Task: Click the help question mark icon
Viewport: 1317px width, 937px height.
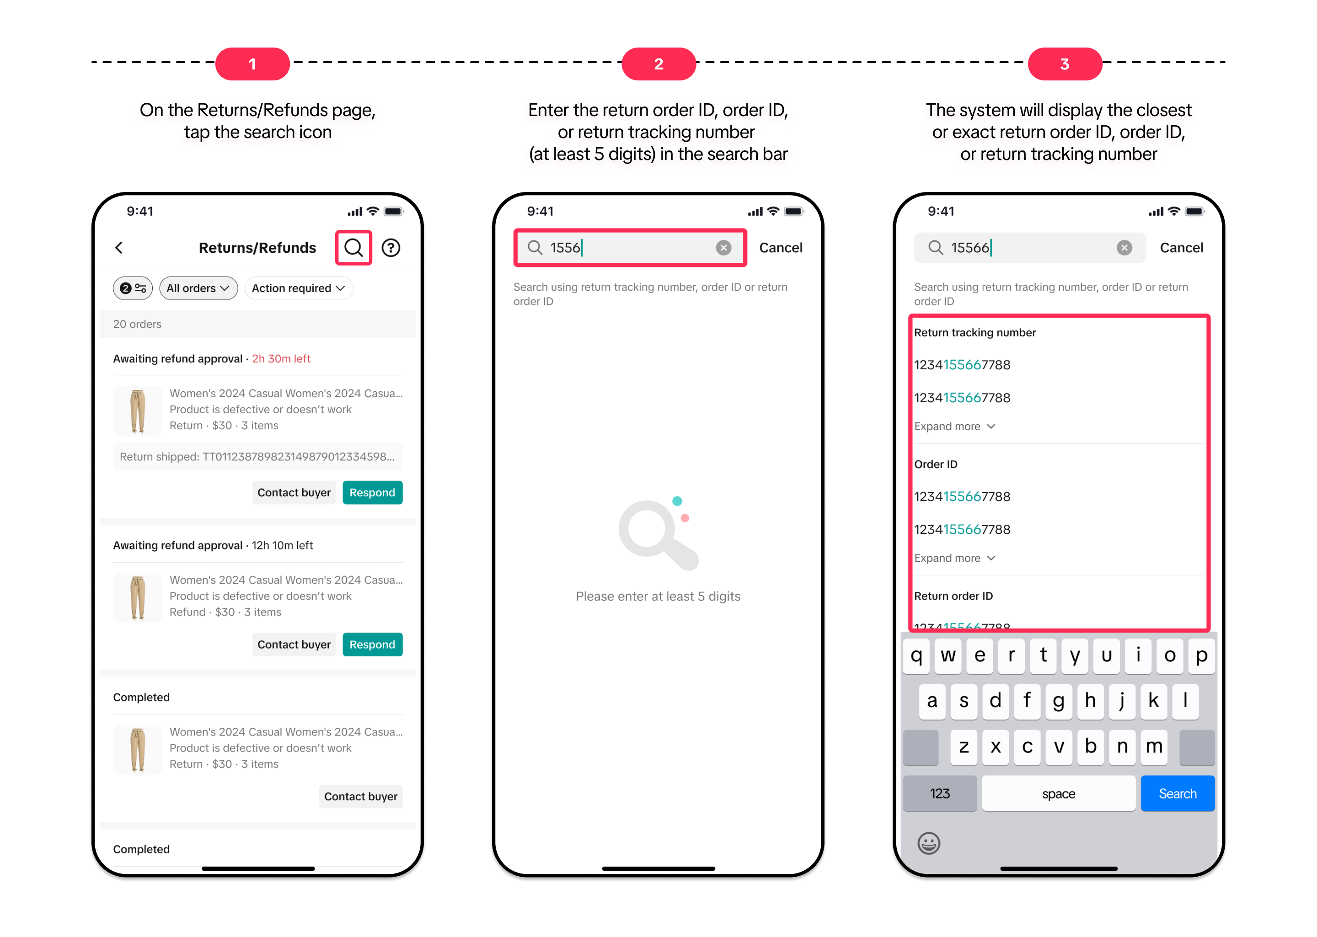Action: [391, 248]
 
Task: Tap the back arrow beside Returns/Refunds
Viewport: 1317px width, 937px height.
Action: [119, 248]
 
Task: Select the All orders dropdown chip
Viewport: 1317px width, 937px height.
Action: [198, 288]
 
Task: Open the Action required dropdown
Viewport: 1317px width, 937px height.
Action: [298, 288]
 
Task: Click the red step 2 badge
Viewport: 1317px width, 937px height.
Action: [658, 64]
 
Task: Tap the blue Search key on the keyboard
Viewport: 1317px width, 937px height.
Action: [1178, 793]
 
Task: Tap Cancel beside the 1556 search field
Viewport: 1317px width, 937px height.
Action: [780, 248]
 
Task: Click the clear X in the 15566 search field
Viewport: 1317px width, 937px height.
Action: [1124, 248]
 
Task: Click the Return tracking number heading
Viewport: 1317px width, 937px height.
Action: [975, 332]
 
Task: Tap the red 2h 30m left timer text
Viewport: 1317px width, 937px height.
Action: [281, 358]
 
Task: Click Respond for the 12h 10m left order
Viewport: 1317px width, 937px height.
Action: [372, 644]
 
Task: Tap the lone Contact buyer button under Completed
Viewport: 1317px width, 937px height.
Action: [361, 796]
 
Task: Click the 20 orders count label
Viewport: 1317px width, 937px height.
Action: [137, 324]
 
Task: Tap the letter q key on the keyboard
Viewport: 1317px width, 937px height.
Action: [916, 655]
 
